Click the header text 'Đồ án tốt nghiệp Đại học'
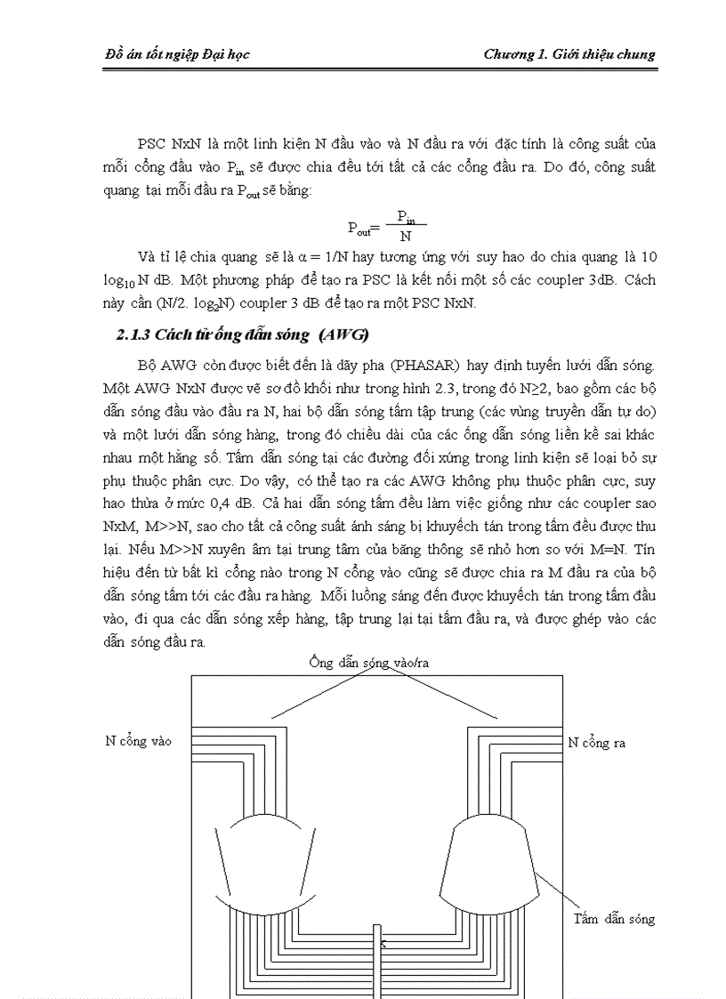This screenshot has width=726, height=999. click(177, 54)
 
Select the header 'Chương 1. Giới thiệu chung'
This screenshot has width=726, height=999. click(569, 54)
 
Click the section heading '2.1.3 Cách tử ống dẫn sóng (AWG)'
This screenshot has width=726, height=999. click(242, 335)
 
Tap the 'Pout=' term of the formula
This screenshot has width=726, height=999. click(363, 228)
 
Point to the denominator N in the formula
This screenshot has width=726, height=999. click(406, 237)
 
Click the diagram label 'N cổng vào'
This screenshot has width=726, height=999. click(139, 740)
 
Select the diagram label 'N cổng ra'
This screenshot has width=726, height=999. click(596, 742)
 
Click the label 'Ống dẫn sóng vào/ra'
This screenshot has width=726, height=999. click(375, 662)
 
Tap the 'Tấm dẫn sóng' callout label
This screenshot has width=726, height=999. click(614, 918)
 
